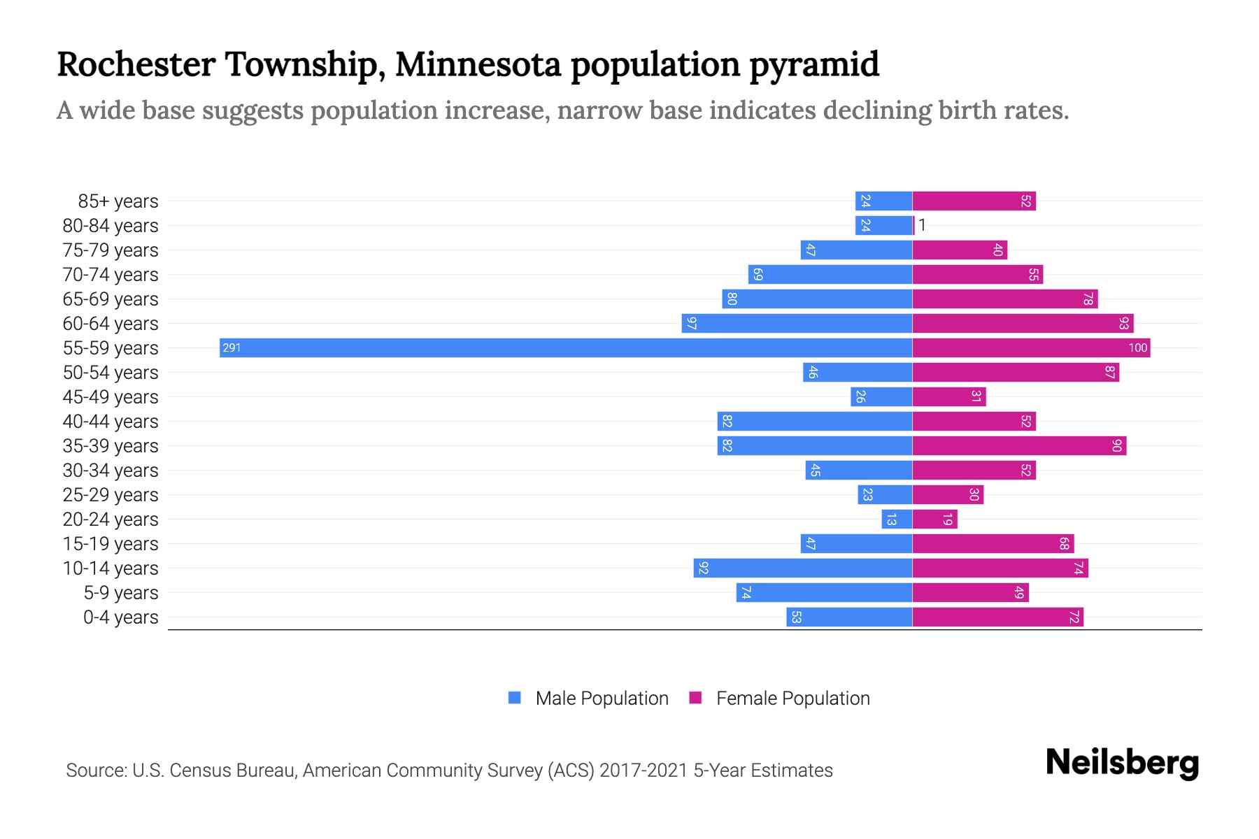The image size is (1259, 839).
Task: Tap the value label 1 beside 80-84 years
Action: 922,225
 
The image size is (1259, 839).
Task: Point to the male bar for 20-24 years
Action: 897,519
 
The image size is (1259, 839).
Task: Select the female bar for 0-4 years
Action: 997,617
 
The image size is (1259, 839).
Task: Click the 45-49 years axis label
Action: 111,397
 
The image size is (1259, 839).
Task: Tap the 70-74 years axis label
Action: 111,275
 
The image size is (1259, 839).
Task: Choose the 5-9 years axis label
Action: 120,593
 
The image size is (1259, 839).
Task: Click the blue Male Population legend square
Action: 515,698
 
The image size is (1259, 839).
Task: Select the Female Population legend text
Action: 792,698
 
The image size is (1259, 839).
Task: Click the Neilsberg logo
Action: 1122,763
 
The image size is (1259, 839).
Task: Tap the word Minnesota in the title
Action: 478,64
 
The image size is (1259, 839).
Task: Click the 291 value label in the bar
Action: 232,347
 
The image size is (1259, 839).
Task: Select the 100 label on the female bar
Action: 1137,347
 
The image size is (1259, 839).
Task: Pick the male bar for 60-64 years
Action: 797,323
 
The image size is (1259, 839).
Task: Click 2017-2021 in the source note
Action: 643,770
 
